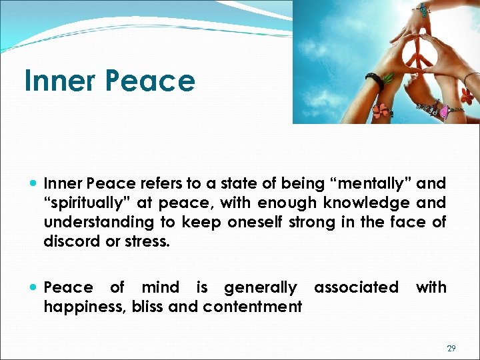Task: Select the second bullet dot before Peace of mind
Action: click(34, 288)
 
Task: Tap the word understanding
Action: click(96, 221)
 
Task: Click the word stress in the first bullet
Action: click(149, 241)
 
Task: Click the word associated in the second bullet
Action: click(356, 287)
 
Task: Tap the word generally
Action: click(260, 287)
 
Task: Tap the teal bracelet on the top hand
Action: click(423, 9)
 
